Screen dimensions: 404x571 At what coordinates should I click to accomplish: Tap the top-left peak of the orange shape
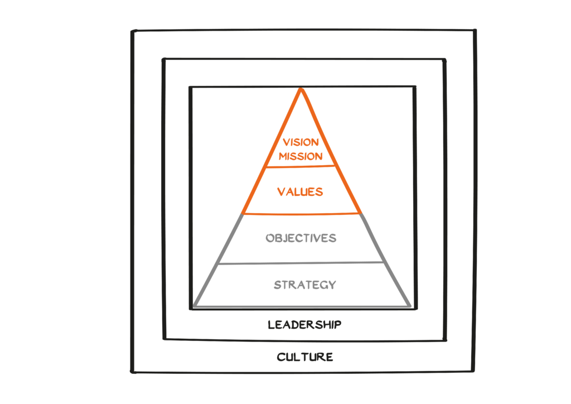(299, 89)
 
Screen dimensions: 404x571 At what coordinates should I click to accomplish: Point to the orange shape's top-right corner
(411, 89)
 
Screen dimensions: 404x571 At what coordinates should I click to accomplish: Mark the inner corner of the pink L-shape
(266, 233)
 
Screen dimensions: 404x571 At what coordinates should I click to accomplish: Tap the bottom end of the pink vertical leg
(255, 260)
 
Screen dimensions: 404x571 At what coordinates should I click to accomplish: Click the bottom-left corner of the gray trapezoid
(194, 306)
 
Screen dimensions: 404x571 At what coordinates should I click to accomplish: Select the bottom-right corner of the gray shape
(412, 306)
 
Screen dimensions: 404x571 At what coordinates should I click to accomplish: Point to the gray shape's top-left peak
(240, 214)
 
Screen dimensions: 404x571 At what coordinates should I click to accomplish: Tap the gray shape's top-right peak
(363, 214)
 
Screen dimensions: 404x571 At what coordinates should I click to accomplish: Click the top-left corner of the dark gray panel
(132, 30)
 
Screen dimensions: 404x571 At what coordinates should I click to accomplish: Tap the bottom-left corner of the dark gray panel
(132, 372)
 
